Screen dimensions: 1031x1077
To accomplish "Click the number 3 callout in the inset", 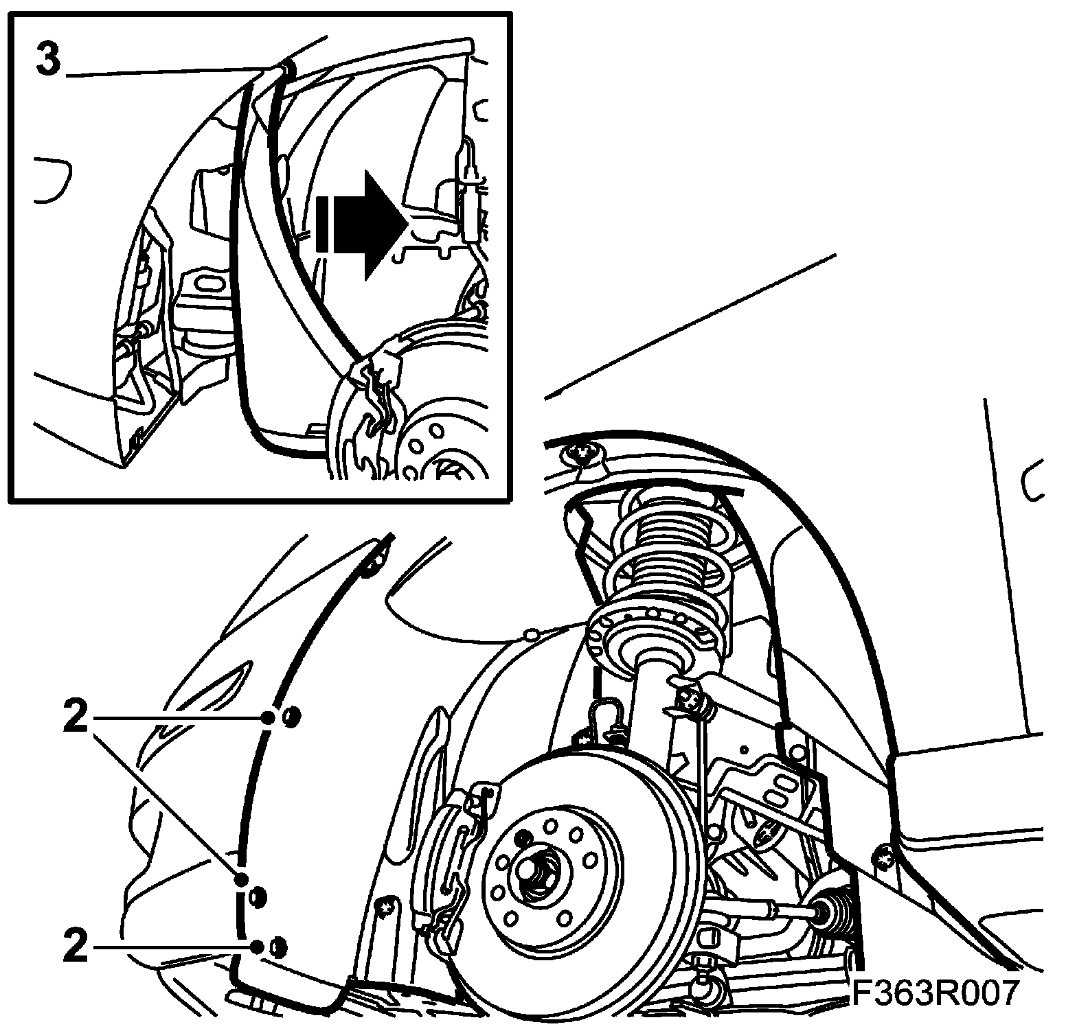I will (48, 60).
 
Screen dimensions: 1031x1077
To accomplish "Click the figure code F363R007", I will (935, 992).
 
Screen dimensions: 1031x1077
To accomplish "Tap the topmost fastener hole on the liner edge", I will (291, 717).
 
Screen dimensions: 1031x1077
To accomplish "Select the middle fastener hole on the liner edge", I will (259, 896).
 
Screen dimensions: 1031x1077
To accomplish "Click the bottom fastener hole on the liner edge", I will (278, 947).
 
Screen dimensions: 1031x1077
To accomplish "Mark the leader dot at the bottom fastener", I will (257, 948).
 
